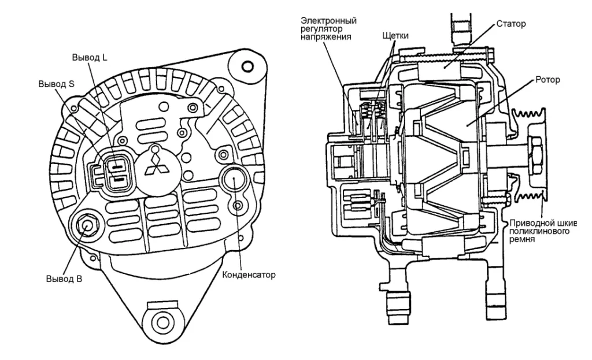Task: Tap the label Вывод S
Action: tap(57, 83)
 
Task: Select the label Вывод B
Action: tap(64, 279)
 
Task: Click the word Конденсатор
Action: tap(249, 274)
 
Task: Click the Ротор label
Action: tap(547, 79)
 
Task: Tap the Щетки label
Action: tap(395, 36)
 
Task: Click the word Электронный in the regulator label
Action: tap(328, 21)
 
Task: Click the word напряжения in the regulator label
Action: tap(327, 37)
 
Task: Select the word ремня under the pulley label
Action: tap(522, 238)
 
